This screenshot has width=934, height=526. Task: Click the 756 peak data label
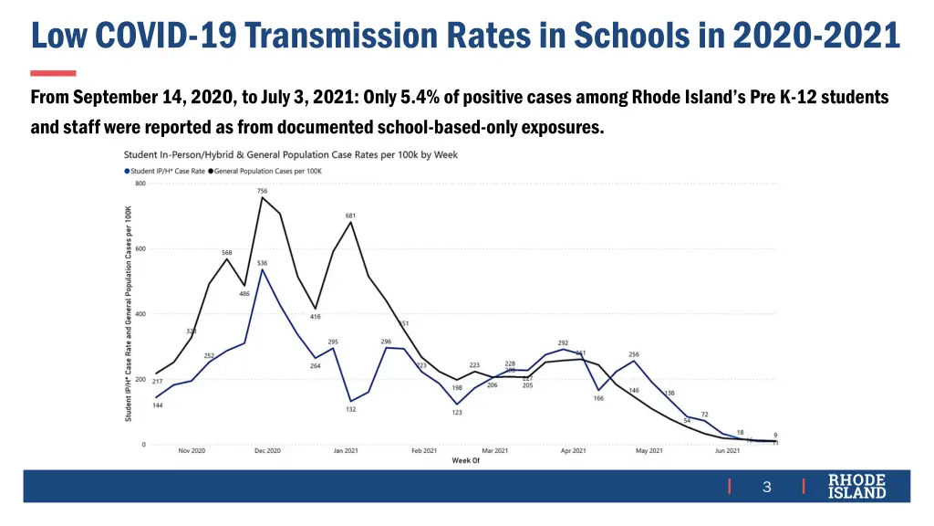(x=262, y=191)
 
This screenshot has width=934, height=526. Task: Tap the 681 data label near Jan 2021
(x=350, y=216)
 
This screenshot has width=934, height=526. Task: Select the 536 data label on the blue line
(x=262, y=263)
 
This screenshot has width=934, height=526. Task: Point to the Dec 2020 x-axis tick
(x=267, y=451)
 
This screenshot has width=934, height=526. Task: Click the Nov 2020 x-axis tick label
(x=191, y=451)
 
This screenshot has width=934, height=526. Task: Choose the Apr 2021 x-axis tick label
(x=573, y=451)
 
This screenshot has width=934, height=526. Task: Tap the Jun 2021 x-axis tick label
(x=727, y=451)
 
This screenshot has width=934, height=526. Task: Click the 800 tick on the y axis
(x=140, y=184)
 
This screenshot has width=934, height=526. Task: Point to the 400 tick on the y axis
(x=140, y=314)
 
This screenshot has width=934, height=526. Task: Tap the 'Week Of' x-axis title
(x=465, y=460)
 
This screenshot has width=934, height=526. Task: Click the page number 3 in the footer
(x=766, y=488)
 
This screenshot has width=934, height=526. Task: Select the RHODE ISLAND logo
(x=856, y=487)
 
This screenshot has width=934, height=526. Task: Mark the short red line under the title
(x=53, y=73)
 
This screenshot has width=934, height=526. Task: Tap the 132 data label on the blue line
(x=350, y=409)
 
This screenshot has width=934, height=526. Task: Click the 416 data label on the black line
(x=315, y=316)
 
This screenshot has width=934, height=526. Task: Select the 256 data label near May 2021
(x=634, y=354)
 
